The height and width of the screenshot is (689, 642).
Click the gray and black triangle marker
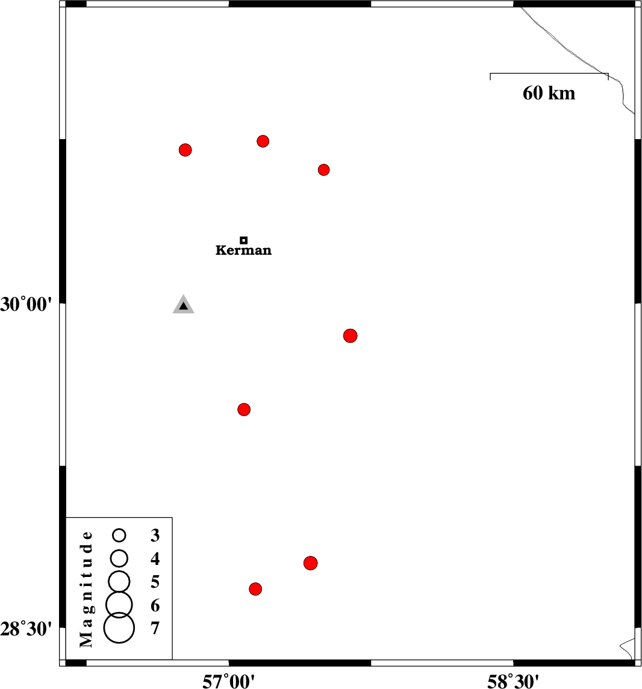pyautogui.click(x=183, y=305)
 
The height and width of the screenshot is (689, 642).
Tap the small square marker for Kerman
pyautogui.click(x=244, y=240)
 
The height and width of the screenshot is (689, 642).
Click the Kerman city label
pyautogui.click(x=243, y=251)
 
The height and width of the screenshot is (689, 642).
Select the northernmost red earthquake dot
pyautogui.click(x=263, y=141)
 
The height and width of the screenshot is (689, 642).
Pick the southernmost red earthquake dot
pyautogui.click(x=255, y=589)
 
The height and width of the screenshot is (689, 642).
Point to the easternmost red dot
pyautogui.click(x=351, y=335)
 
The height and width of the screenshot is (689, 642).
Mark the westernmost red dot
pyautogui.click(x=185, y=150)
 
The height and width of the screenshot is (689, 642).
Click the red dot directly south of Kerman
pyautogui.click(x=244, y=410)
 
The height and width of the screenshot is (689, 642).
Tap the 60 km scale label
pyautogui.click(x=549, y=93)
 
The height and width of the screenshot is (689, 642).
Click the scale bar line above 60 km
pyautogui.click(x=549, y=73)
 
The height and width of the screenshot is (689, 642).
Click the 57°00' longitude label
pyautogui.click(x=228, y=682)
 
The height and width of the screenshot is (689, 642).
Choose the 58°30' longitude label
pyautogui.click(x=513, y=682)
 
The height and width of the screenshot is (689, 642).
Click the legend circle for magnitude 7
pyautogui.click(x=119, y=628)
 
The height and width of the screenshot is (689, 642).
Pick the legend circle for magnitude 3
pyautogui.click(x=119, y=535)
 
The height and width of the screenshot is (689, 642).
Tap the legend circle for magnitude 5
pyautogui.click(x=119, y=582)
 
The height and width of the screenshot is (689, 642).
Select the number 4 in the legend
pyautogui.click(x=155, y=558)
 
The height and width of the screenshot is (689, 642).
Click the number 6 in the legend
pyautogui.click(x=155, y=605)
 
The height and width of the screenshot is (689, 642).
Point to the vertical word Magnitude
pyautogui.click(x=87, y=589)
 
